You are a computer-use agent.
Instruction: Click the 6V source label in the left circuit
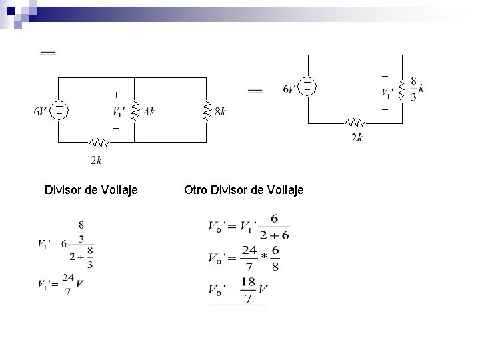(x=41, y=111)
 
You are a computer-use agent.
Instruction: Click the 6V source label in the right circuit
(x=290, y=89)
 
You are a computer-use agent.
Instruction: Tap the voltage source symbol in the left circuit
(x=59, y=109)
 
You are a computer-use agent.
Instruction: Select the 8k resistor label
(x=220, y=112)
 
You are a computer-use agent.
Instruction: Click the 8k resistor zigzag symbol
(x=207, y=111)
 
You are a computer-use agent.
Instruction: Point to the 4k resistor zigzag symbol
(x=135, y=111)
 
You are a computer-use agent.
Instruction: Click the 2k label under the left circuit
(x=97, y=159)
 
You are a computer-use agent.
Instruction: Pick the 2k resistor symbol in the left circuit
(x=98, y=142)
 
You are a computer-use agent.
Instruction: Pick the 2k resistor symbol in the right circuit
(x=355, y=123)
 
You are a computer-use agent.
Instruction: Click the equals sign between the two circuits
(x=255, y=89)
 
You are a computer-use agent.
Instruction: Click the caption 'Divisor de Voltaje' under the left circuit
(x=91, y=191)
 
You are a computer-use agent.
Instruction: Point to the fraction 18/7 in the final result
(x=248, y=291)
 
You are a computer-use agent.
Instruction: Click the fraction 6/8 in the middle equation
(x=275, y=258)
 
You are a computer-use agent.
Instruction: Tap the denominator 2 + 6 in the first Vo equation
(x=275, y=235)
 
